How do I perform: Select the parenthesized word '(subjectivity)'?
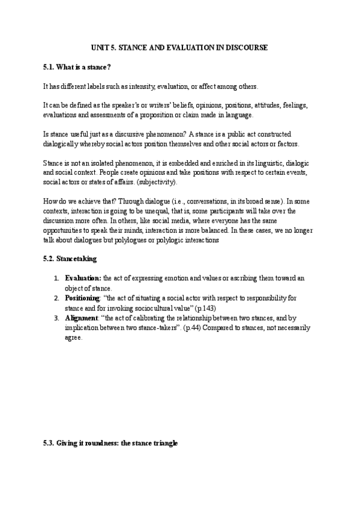(172, 182)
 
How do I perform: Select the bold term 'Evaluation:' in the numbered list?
(83, 279)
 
